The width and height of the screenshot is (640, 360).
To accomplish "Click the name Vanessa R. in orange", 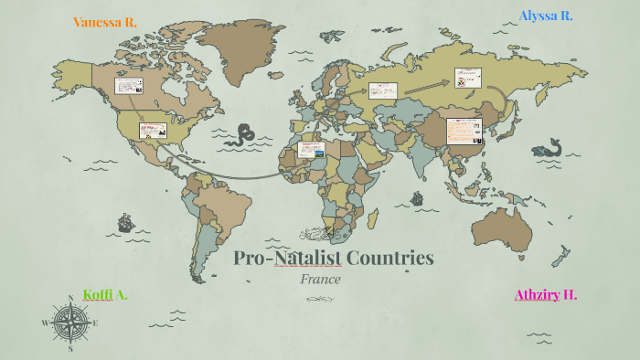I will tap(104, 22).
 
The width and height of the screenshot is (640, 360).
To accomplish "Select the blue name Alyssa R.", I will tap(546, 16).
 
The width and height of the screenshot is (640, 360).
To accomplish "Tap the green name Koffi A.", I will tap(105, 294).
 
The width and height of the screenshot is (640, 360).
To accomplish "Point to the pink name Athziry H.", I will tap(546, 294).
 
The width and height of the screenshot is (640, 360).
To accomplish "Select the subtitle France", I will tap(320, 279).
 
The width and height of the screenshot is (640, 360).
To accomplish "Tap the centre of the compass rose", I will tap(70, 322).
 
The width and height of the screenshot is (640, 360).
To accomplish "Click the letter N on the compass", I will tap(70, 297).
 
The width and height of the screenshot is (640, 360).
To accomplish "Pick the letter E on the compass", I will tap(95, 322).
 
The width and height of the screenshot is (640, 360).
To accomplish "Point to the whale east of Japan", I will tap(548, 147).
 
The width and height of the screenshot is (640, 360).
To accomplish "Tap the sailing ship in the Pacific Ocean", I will tap(125, 222).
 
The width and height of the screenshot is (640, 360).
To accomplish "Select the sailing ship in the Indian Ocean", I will tap(417, 198).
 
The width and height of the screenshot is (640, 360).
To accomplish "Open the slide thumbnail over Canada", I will tap(128, 86).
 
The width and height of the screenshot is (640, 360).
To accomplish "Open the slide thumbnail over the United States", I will tap(153, 130).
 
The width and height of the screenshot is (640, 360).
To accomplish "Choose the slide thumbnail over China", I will tap(464, 130).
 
